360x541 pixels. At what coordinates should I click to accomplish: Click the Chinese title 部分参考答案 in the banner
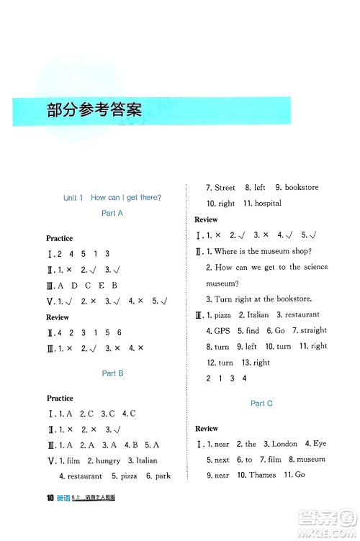[94, 111]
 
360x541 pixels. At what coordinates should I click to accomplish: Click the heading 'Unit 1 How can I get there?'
[112, 198]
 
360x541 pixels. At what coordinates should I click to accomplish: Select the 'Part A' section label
[113, 214]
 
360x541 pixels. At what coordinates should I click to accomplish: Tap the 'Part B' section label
[113, 373]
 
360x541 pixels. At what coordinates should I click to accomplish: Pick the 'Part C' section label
[261, 404]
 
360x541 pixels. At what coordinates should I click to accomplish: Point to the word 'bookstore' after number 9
[301, 188]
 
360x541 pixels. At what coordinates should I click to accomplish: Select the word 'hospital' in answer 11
[267, 204]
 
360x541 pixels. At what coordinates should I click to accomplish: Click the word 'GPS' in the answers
[222, 331]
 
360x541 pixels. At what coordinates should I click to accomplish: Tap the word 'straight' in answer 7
[313, 331]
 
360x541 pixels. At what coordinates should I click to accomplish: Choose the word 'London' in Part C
[284, 444]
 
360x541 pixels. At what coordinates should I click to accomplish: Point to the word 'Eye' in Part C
[320, 444]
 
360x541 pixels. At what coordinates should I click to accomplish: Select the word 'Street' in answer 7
[225, 188]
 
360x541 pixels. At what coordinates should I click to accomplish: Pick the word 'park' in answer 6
[163, 476]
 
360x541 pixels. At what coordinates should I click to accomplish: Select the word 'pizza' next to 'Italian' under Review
[223, 315]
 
